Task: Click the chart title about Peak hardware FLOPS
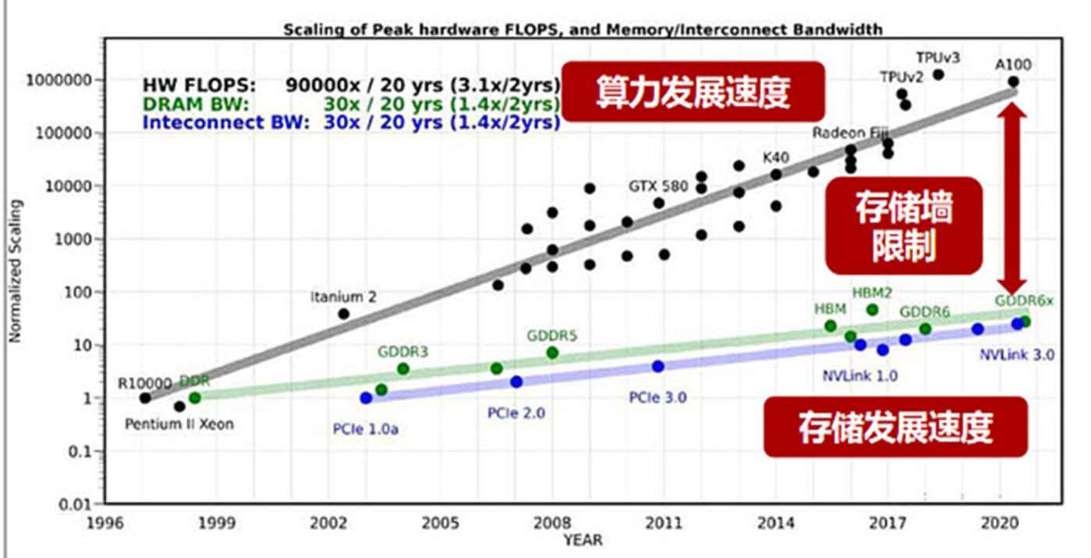(583, 30)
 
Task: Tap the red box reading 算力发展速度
(693, 92)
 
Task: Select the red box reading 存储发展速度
(894, 427)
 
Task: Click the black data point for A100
(1013, 81)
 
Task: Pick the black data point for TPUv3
(938, 75)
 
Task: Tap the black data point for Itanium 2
(343, 314)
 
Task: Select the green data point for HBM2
(872, 310)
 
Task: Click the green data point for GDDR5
(552, 353)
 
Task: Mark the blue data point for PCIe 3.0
(658, 366)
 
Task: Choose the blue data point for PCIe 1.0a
(366, 398)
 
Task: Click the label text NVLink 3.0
(1017, 354)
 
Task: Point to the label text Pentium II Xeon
(179, 425)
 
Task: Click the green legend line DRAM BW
(351, 104)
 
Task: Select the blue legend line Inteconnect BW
(351, 122)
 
